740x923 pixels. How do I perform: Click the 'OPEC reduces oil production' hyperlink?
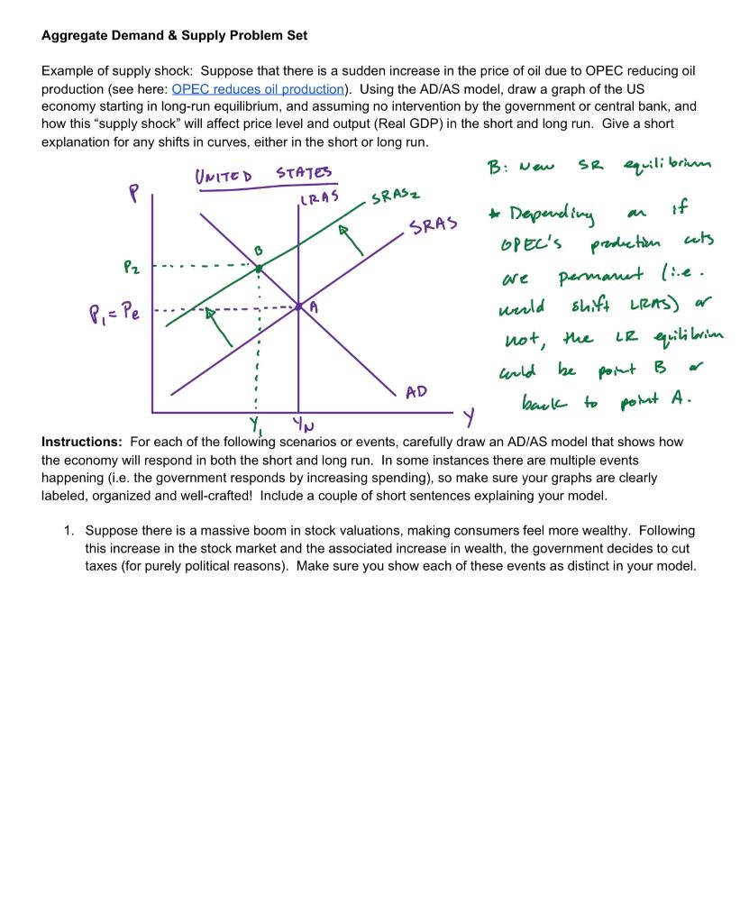click(258, 88)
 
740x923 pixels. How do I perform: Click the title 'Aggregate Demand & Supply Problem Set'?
click(174, 35)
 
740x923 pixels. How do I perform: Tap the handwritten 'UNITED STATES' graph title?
click(263, 173)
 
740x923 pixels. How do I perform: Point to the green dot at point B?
click(259, 268)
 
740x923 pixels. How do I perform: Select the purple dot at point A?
click(299, 306)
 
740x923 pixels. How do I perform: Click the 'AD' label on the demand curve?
click(416, 392)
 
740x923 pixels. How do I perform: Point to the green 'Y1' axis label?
click(257, 424)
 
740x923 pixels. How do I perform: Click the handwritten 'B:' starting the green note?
click(498, 168)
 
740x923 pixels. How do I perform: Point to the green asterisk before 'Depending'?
click(492, 215)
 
